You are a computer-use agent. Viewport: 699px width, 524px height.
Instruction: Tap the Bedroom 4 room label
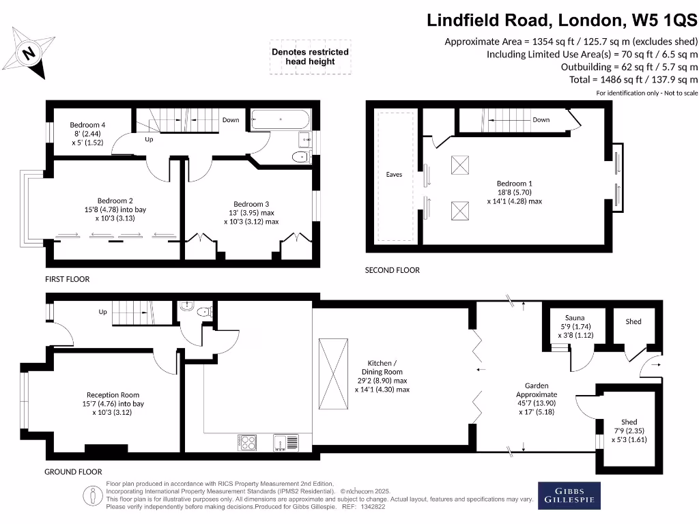87,125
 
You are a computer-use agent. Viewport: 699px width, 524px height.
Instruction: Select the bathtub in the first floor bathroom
281,120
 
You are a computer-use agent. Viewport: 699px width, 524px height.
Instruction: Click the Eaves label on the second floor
394,175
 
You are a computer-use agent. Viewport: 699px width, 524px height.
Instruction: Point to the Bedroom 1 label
514,184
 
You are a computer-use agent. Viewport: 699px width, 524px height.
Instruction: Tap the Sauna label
575,318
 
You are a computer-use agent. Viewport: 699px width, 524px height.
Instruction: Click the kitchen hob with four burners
248,442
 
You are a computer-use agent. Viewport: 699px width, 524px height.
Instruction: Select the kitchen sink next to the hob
285,442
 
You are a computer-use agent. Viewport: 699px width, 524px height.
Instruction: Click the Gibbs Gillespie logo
570,495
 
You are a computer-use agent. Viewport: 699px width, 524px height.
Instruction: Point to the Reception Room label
113,395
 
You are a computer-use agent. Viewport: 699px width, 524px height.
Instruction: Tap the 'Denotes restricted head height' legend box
310,57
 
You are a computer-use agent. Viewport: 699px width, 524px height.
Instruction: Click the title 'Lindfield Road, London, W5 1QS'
562,20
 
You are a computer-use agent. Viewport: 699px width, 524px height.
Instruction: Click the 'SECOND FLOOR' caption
392,270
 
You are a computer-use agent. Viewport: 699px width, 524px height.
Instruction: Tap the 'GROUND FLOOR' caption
73,471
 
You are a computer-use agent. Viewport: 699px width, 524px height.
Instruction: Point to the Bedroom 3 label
251,204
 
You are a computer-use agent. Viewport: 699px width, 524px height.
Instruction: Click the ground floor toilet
203,312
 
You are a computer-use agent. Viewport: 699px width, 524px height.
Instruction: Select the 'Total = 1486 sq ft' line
633,79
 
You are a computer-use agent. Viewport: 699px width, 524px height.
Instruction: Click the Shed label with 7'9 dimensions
629,422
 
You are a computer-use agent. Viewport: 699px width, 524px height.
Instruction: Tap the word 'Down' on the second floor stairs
541,120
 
